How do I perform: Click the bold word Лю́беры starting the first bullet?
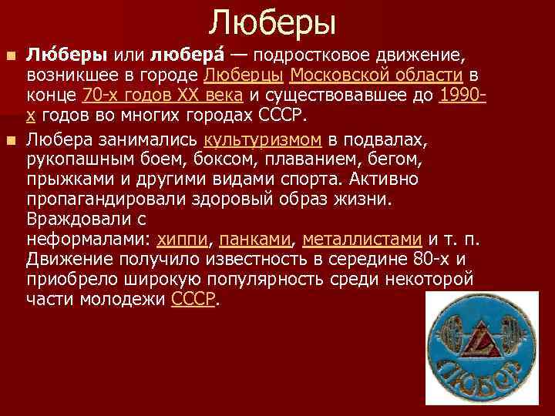tap(68, 55)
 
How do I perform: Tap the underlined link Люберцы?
tap(245, 75)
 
